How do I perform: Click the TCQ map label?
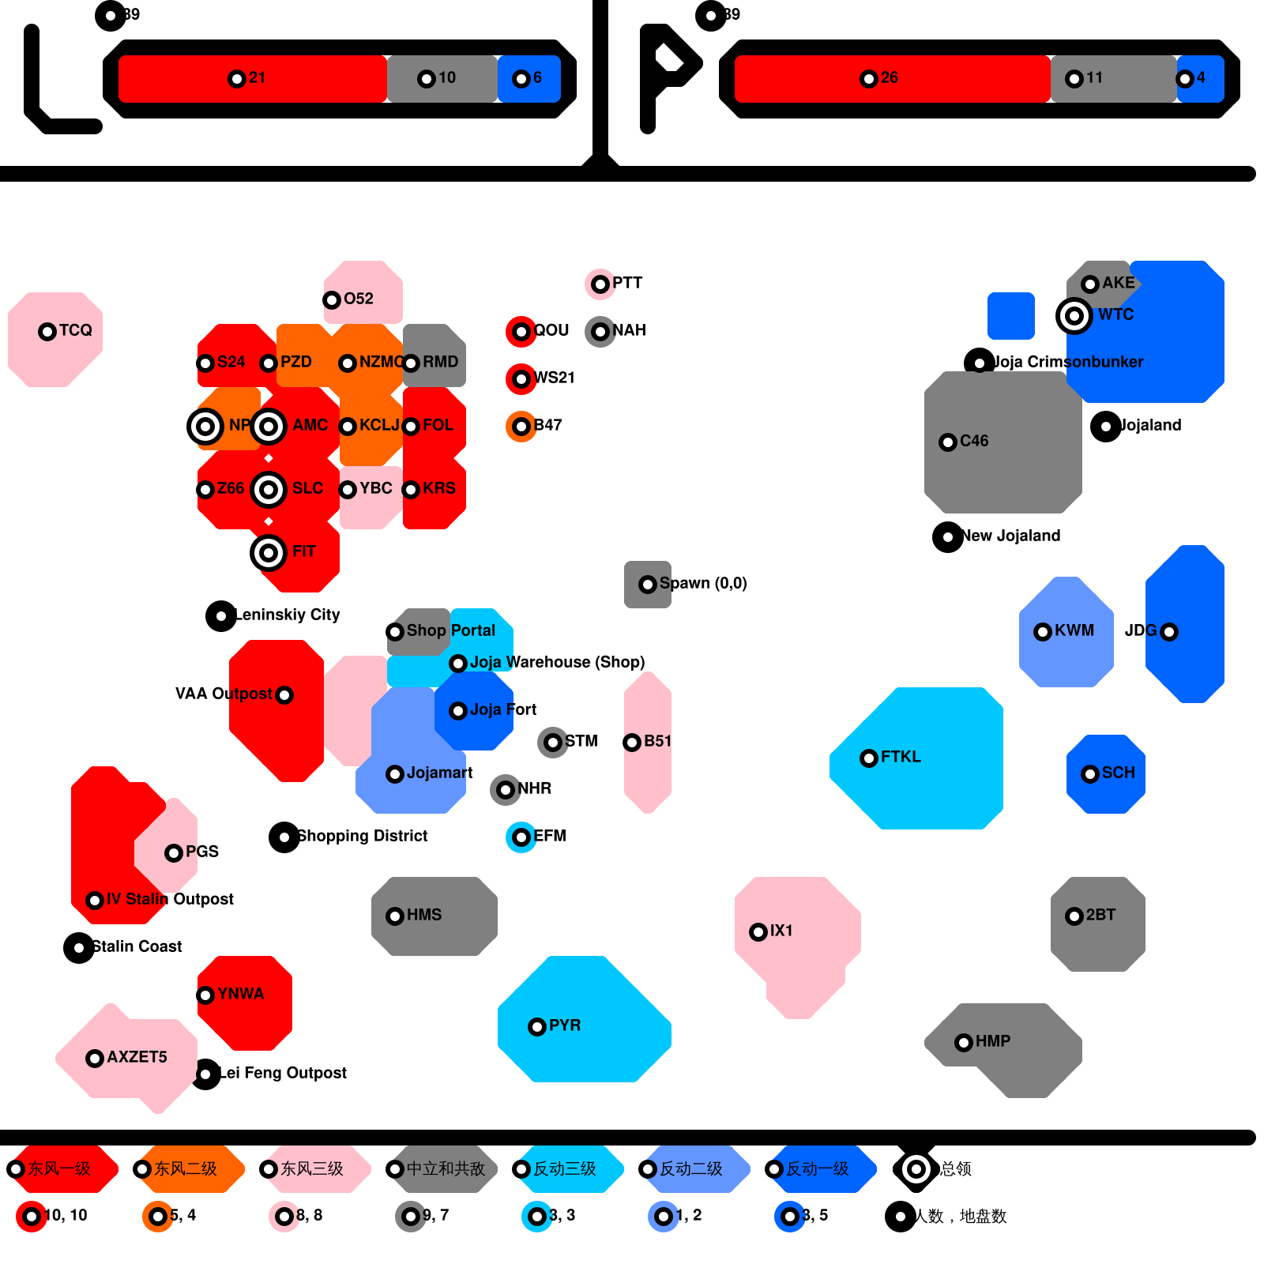click(x=75, y=330)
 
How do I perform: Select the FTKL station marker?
click(x=869, y=758)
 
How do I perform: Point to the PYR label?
click(x=564, y=1025)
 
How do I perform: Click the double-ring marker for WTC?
click(x=1074, y=316)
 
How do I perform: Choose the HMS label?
click(x=423, y=915)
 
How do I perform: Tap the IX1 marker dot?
click(x=758, y=932)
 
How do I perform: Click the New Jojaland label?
click(x=1011, y=536)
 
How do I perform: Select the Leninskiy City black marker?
click(x=221, y=616)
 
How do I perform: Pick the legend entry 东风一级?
click(x=59, y=1168)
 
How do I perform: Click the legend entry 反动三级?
click(x=565, y=1168)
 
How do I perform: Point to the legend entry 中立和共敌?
click(x=446, y=1168)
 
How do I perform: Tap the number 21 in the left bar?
click(x=257, y=77)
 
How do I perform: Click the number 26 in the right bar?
click(x=889, y=77)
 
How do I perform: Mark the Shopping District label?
click(x=363, y=836)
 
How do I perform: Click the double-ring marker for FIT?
click(x=269, y=553)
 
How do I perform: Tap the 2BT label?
click(x=1100, y=915)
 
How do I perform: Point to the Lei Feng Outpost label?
click(x=283, y=1073)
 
